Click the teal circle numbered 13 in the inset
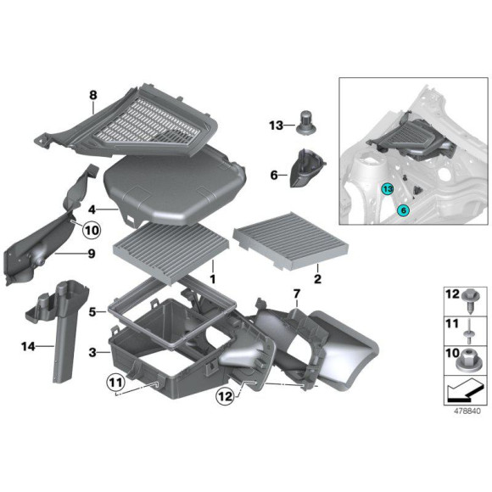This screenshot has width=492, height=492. click(x=387, y=189)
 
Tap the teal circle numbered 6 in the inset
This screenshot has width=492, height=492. click(x=404, y=209)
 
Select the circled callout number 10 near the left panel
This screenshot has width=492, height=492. click(x=91, y=229)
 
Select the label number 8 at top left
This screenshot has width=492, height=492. click(x=93, y=97)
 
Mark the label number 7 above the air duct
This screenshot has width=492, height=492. click(x=296, y=294)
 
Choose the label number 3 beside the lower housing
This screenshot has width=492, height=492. click(x=92, y=350)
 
